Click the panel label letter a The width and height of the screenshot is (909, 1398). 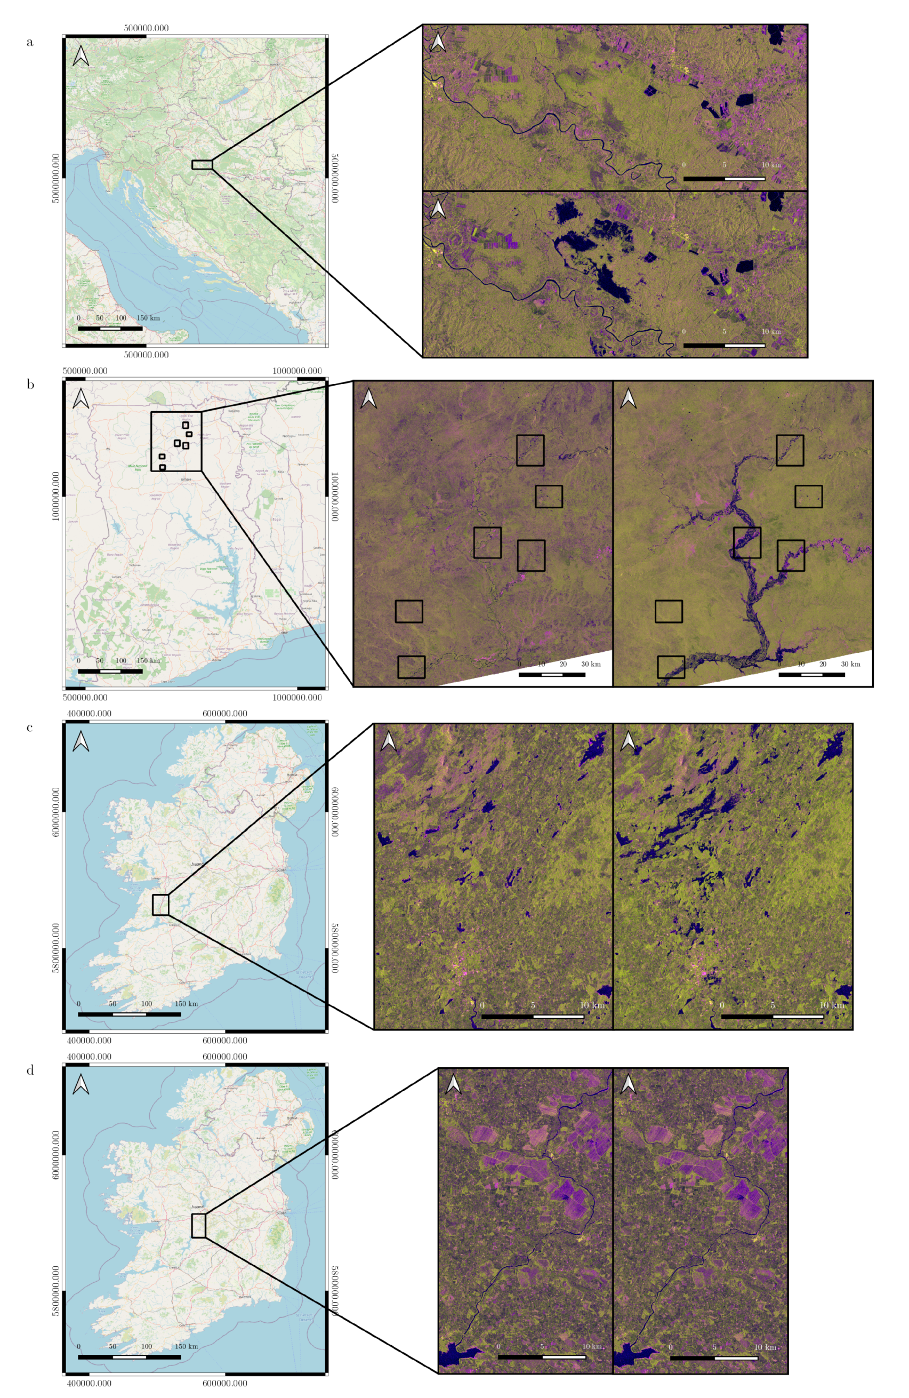(30, 42)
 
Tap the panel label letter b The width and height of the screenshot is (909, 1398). (30, 385)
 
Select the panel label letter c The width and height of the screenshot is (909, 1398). (29, 728)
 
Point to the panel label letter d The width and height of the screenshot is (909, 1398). (30, 1070)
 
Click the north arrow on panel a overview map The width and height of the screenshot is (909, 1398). (81, 56)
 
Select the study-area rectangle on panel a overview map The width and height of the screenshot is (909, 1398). (202, 164)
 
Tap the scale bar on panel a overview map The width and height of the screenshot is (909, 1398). (110, 329)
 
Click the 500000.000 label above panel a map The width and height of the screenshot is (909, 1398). (146, 28)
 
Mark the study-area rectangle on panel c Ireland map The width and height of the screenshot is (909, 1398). (160, 905)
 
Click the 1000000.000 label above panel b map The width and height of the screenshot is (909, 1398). (297, 371)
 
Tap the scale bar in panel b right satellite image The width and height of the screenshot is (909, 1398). (811, 674)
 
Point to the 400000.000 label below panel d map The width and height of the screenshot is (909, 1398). (89, 1383)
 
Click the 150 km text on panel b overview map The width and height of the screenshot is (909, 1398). (148, 661)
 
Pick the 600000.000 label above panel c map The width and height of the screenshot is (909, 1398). (225, 714)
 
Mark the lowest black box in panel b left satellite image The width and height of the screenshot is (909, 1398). (411, 667)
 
